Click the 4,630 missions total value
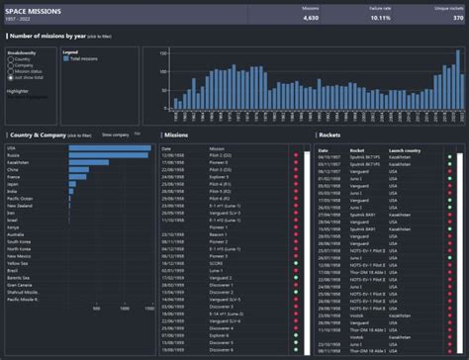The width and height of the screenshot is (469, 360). [311, 18]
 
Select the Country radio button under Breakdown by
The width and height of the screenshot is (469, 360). [10, 59]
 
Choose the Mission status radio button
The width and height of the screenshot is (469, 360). [10, 71]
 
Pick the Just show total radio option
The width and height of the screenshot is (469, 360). [10, 77]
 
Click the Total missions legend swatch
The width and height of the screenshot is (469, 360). [66, 60]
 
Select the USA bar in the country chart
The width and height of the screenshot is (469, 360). [108, 148]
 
